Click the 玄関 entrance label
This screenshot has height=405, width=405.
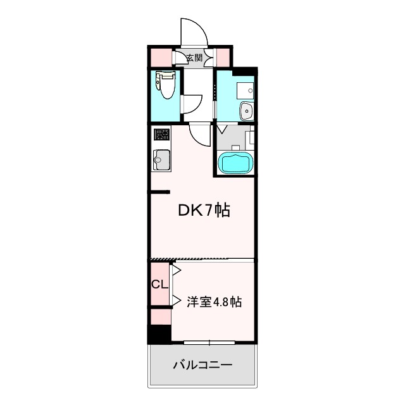(x=194, y=58)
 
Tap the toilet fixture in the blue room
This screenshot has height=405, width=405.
(x=165, y=86)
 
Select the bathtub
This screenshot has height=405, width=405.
(x=235, y=163)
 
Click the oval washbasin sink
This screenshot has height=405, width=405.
(x=246, y=112)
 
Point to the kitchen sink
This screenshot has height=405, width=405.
(x=162, y=159)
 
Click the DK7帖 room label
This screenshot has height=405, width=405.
(x=202, y=210)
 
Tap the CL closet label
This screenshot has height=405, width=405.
(x=159, y=284)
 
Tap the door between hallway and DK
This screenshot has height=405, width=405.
(x=200, y=134)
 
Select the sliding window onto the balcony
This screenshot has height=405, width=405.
(x=209, y=342)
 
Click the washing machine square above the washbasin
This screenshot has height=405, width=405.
(x=244, y=89)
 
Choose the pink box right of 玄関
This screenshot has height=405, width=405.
(x=223, y=58)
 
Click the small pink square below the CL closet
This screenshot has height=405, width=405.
(x=160, y=315)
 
